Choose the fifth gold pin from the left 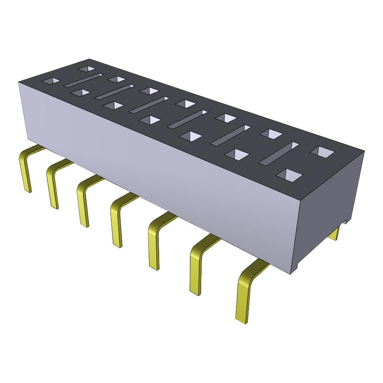pos(153,247)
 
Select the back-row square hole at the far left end pos(87,69)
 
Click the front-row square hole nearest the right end pos(289,175)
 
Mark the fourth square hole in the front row pos(150,120)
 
